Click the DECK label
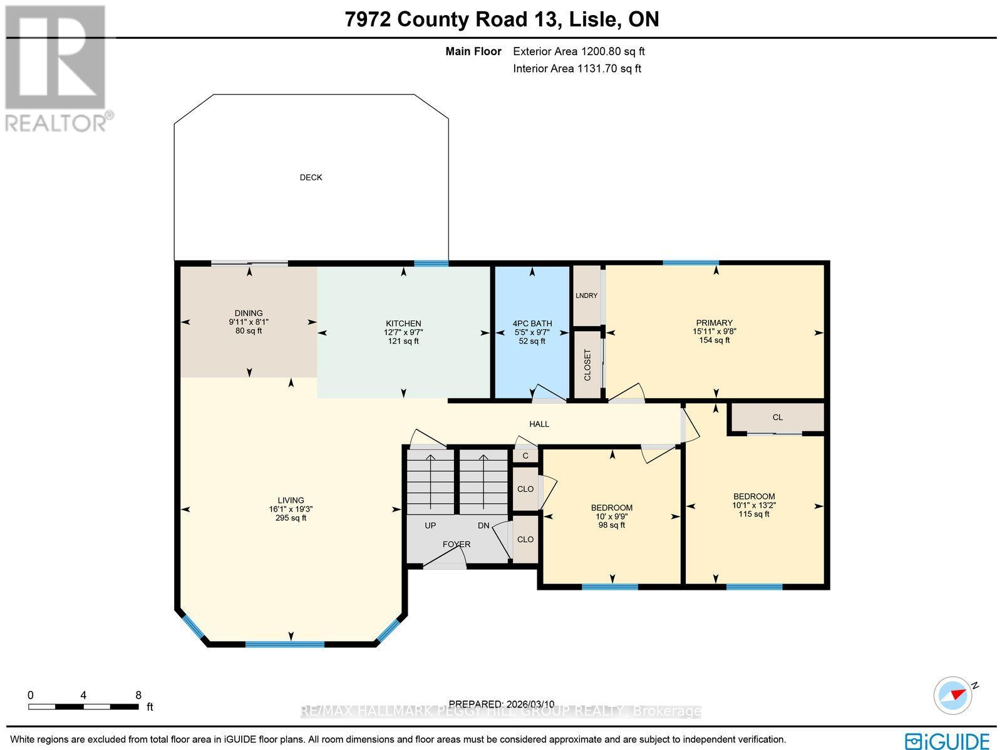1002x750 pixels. pos(311,177)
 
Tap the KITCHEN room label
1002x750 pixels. pos(403,324)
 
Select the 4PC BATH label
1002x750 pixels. pos(532,324)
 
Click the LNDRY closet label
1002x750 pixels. pos(587,295)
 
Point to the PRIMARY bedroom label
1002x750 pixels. pos(713,323)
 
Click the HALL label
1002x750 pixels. pos(539,424)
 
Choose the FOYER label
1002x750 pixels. pos(457,544)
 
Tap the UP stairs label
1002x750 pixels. pos(430,525)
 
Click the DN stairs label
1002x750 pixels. pos(483,525)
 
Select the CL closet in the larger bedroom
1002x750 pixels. pos(777,418)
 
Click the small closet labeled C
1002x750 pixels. pos(525,456)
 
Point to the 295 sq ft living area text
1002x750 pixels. pos(291,518)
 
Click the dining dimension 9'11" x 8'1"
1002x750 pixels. pos(249,322)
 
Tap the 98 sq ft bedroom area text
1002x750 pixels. pos(612,525)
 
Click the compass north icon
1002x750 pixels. pos(953,694)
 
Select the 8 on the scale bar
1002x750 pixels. pos(138,695)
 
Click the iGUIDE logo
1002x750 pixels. pos(948,741)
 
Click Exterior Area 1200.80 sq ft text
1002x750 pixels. pos(579,52)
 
